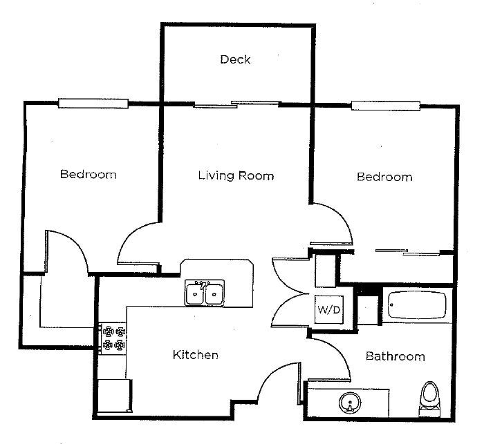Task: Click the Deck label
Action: pos(235,59)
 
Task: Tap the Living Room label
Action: pos(236,175)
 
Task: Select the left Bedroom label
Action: pos(88,174)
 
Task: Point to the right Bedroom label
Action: pos(384,177)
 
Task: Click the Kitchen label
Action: pos(195,355)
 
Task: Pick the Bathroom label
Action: pos(395,356)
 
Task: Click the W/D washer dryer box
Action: pos(329,309)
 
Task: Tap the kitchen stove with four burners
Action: pos(114,338)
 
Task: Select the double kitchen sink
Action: pos(205,293)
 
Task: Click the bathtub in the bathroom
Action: pos(417,305)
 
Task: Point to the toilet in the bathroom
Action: pos(430,400)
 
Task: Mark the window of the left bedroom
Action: pos(93,104)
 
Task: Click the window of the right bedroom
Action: pos(386,106)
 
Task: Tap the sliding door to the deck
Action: pos(237,105)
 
